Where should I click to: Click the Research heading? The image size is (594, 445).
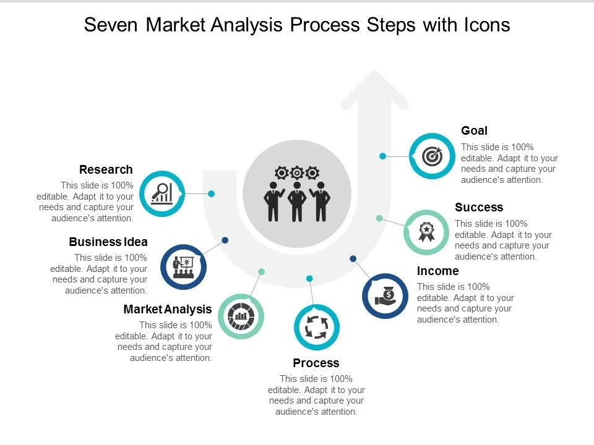point(106,169)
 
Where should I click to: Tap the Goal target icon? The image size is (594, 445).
point(431,156)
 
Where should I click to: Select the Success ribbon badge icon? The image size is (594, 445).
point(426,232)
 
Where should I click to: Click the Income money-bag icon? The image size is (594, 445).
point(385,295)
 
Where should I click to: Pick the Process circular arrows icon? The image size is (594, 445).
point(316,327)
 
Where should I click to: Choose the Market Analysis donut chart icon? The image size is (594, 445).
point(241,316)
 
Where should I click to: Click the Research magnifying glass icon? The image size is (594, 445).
point(162,193)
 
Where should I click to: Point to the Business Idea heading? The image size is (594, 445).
point(108,242)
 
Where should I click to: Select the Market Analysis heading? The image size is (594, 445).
point(168,309)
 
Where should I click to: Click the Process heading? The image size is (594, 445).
point(316,363)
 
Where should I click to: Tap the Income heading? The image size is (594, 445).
point(438,271)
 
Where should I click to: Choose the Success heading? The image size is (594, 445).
point(479,207)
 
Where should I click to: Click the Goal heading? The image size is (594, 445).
point(475,130)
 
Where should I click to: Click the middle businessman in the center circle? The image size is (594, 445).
point(297,201)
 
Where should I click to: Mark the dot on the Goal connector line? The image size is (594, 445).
point(383,156)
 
